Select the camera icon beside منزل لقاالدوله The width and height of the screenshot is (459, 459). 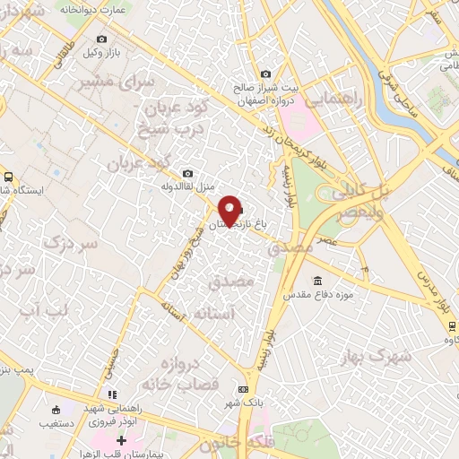(186, 174)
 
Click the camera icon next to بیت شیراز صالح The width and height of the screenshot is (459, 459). (265, 74)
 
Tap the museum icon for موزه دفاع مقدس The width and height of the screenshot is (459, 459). (316, 280)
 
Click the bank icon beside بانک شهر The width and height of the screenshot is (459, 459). (242, 389)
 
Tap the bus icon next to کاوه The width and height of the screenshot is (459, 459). (450, 327)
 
